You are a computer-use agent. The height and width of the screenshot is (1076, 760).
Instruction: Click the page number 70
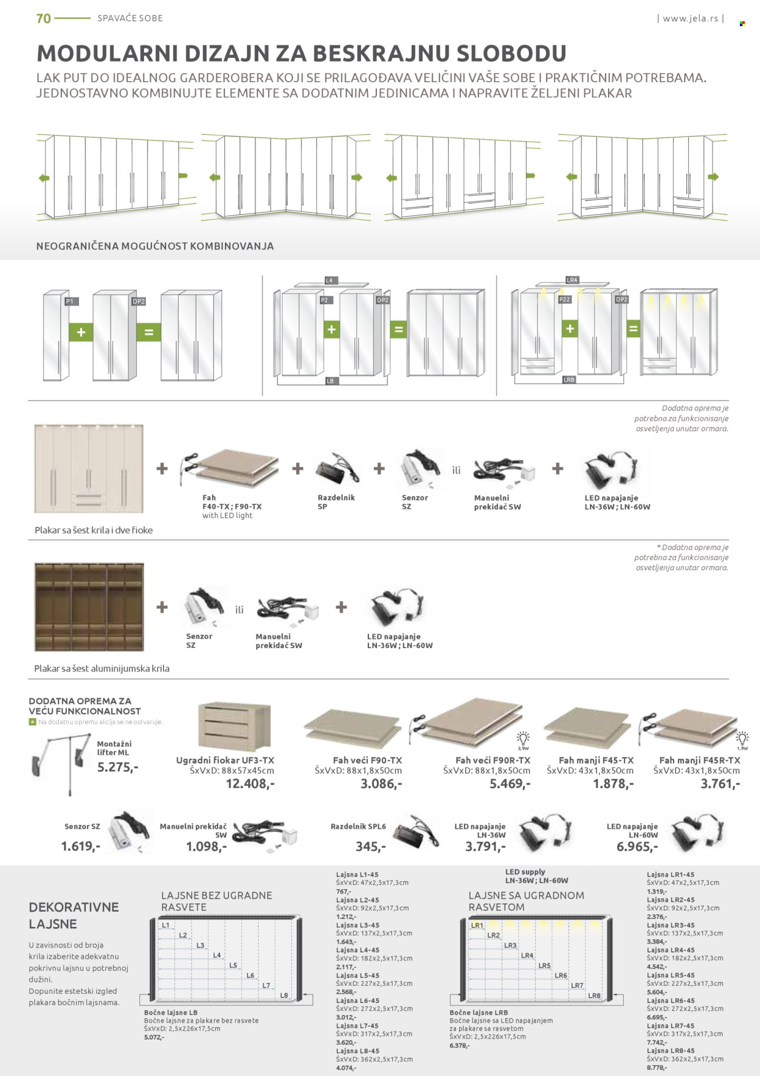(44, 18)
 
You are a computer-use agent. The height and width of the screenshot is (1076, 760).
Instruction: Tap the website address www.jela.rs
(690, 18)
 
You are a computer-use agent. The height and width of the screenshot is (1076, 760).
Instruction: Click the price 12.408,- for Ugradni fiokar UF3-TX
(250, 784)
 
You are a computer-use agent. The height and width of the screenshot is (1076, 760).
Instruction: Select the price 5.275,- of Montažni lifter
(117, 767)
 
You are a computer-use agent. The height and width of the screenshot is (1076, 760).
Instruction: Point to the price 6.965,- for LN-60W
(637, 847)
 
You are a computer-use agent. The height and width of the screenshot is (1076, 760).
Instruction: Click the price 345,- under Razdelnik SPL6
(370, 847)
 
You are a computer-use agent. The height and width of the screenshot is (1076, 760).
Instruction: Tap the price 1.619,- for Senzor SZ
(80, 846)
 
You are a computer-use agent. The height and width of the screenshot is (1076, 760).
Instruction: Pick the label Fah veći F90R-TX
(492, 760)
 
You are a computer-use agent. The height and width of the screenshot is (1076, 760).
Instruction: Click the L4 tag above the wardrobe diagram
(329, 281)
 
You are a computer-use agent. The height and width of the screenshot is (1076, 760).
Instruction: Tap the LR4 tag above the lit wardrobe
(572, 280)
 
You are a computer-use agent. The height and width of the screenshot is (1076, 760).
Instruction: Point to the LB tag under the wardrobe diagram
(330, 381)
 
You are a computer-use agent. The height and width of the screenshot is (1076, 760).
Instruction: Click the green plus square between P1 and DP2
(81, 332)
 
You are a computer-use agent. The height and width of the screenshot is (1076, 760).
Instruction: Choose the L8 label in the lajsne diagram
(284, 995)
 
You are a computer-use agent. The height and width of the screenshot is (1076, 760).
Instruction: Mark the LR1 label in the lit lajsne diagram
(477, 925)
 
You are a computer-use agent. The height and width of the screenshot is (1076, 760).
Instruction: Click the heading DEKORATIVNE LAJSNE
(74, 915)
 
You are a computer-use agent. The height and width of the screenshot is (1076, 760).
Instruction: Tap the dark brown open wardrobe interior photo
(89, 607)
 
